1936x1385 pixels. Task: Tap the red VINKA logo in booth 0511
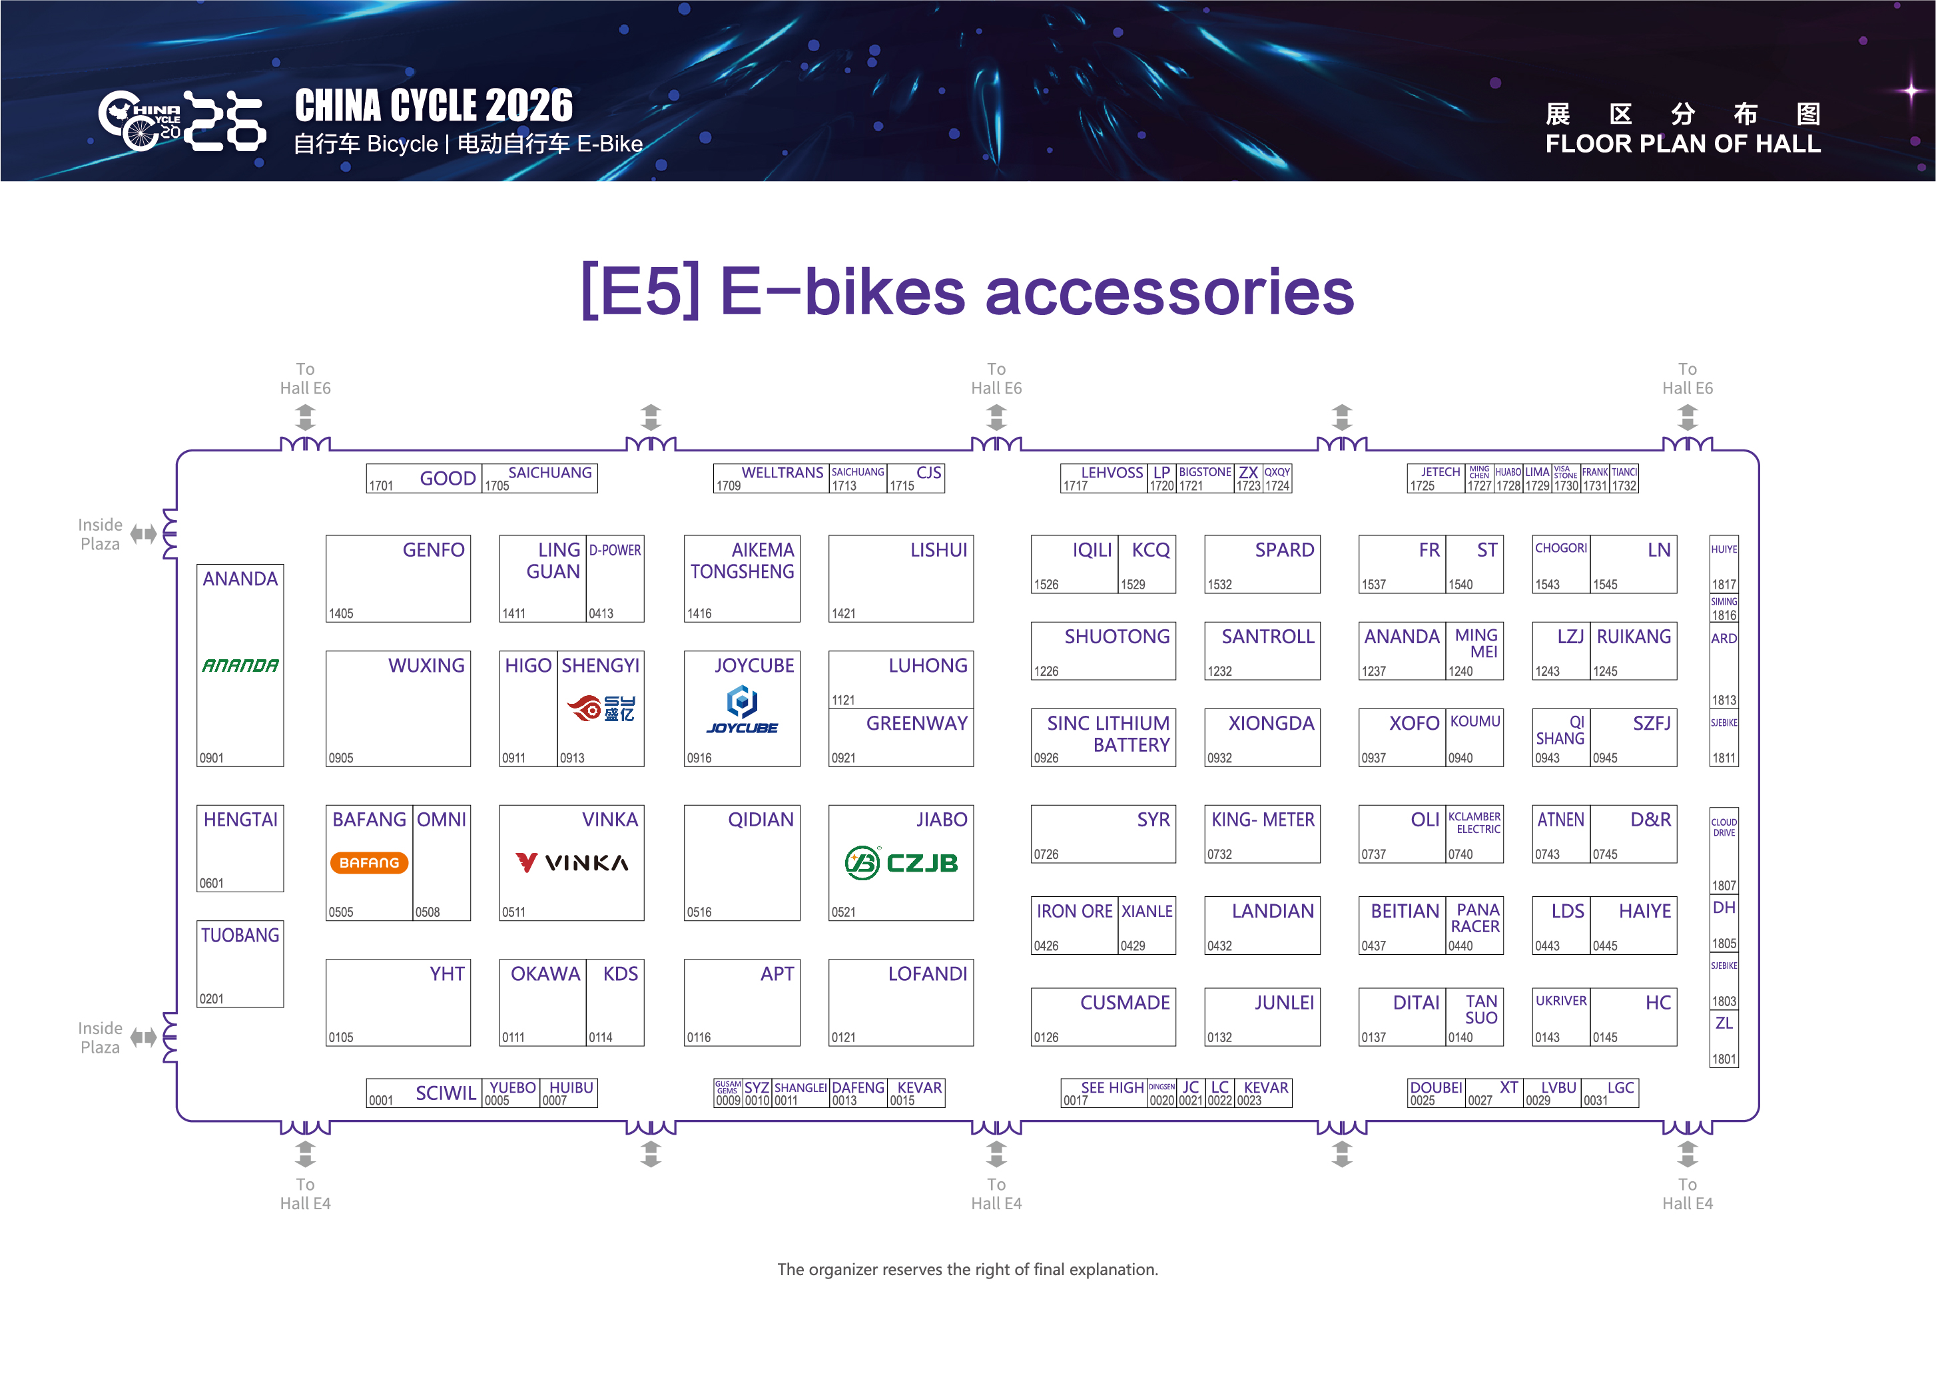[x=571, y=862]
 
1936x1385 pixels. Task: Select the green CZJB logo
[x=900, y=862]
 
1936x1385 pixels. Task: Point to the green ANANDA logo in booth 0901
[x=240, y=665]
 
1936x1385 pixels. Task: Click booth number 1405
[x=341, y=613]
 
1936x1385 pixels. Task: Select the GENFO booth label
[x=434, y=550]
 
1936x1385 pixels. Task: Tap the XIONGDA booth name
[x=1271, y=723]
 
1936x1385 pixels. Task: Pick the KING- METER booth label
[x=1262, y=820]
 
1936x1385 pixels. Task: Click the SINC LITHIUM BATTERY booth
[x=1108, y=733]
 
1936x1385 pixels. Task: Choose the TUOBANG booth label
[x=240, y=936]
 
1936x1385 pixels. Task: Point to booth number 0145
[x=1604, y=1037]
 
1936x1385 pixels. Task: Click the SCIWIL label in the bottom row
[x=445, y=1093]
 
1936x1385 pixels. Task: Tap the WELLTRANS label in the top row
[x=782, y=473]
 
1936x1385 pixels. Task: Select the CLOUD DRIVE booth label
[x=1724, y=827]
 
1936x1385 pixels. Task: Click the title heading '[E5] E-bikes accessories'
[x=967, y=292]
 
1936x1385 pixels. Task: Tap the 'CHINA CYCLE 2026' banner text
[x=434, y=107]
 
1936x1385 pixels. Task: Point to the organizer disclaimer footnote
[x=967, y=1269]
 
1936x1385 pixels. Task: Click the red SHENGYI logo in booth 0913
[x=601, y=708]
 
